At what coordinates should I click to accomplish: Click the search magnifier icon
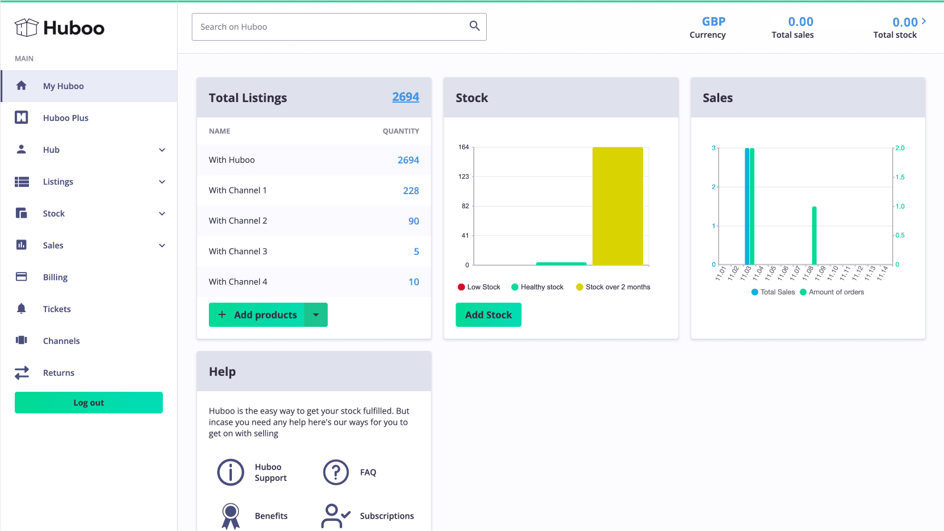click(474, 26)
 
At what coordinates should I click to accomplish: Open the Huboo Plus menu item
click(65, 118)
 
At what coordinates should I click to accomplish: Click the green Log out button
click(88, 402)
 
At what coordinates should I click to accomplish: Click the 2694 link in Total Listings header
click(405, 97)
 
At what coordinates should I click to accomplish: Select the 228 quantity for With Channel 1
click(411, 191)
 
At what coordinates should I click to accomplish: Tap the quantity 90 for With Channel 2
click(414, 221)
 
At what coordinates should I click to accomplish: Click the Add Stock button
click(488, 314)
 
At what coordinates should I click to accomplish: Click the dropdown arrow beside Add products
click(316, 315)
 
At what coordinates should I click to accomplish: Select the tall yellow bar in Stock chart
click(617, 206)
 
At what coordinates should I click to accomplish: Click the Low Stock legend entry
click(479, 287)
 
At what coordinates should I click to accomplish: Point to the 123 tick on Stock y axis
click(464, 176)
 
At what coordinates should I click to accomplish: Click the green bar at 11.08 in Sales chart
click(814, 235)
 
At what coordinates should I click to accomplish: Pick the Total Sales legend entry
click(773, 292)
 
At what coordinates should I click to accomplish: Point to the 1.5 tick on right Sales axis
click(900, 177)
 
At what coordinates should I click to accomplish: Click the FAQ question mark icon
click(336, 472)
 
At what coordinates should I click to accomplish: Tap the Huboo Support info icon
click(231, 472)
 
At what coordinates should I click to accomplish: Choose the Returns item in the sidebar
click(58, 373)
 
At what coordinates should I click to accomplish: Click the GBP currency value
click(713, 22)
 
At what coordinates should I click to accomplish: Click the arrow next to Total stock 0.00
click(924, 21)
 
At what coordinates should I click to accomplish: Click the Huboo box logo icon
click(27, 28)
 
